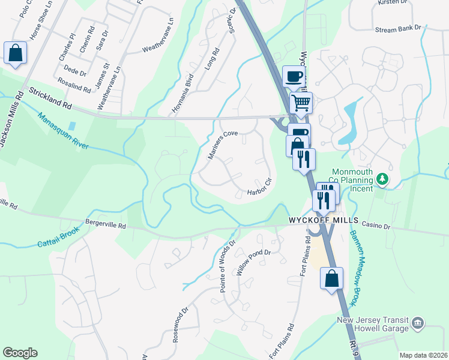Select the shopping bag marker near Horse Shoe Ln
[15, 53]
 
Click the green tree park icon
[381, 180]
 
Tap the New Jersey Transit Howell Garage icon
[418, 325]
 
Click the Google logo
[20, 352]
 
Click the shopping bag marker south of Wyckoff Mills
[331, 279]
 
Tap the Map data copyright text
[423, 355]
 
